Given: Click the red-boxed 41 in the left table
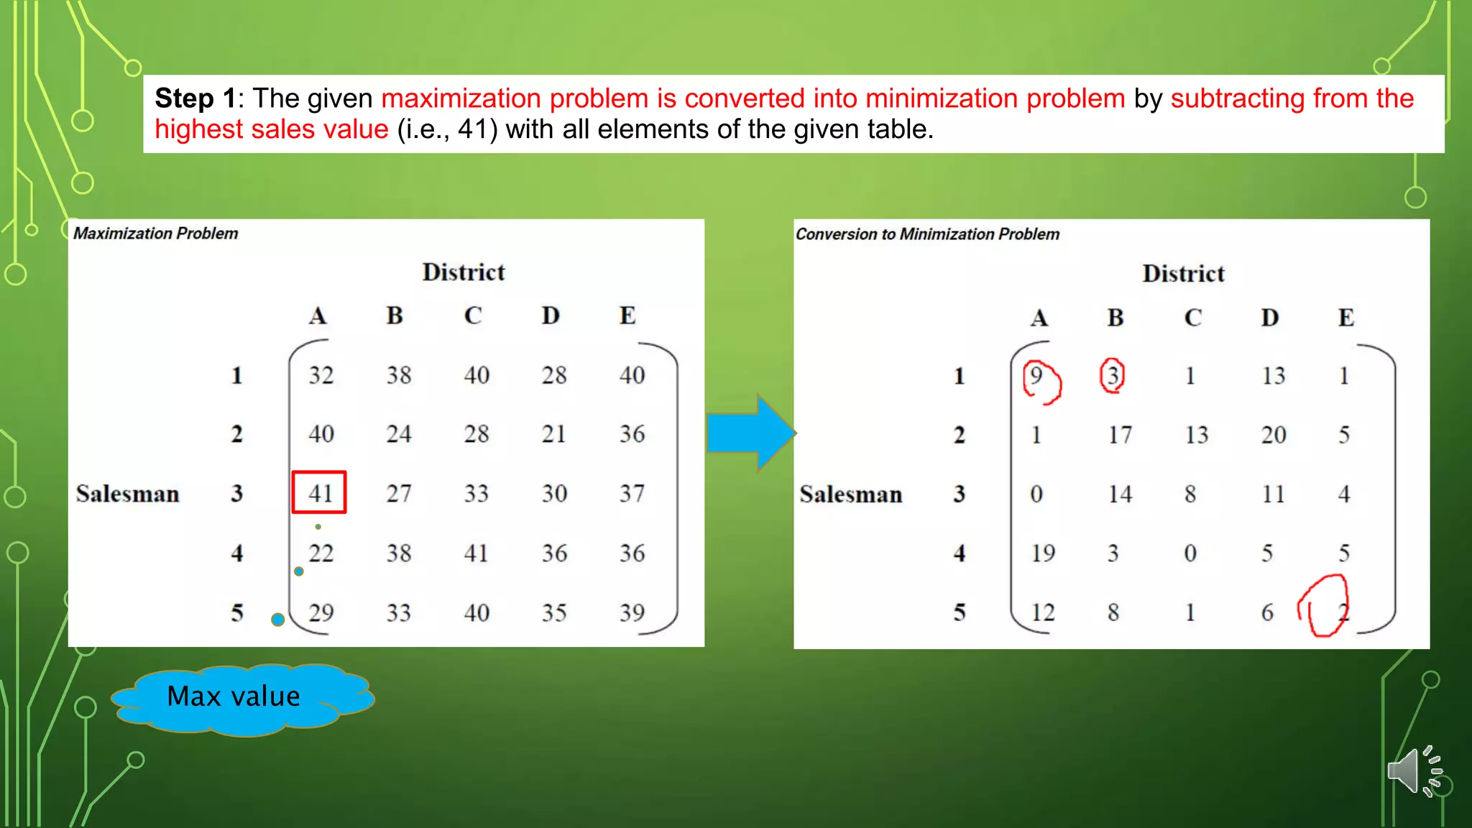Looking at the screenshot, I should [x=319, y=492].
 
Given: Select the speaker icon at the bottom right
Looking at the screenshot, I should [x=1413, y=771].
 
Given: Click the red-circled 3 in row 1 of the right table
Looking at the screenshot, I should [x=1113, y=375].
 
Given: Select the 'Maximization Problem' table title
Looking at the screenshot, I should [x=155, y=234].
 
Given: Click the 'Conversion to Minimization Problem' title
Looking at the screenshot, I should [x=927, y=234].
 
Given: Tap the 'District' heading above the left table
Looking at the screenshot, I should [x=464, y=272].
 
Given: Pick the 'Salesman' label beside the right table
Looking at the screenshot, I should [x=850, y=494].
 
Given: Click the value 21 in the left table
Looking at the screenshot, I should [x=553, y=434].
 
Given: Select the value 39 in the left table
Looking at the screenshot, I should [x=632, y=612].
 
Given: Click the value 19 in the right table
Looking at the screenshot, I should [x=1043, y=553].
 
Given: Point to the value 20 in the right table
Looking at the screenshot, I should [x=1273, y=435].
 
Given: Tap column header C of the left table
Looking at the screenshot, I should [x=472, y=316].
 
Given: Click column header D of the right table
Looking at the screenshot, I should [x=1269, y=318].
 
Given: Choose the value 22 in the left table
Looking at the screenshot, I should [x=321, y=553].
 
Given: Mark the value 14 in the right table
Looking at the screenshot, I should [x=1120, y=494].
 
